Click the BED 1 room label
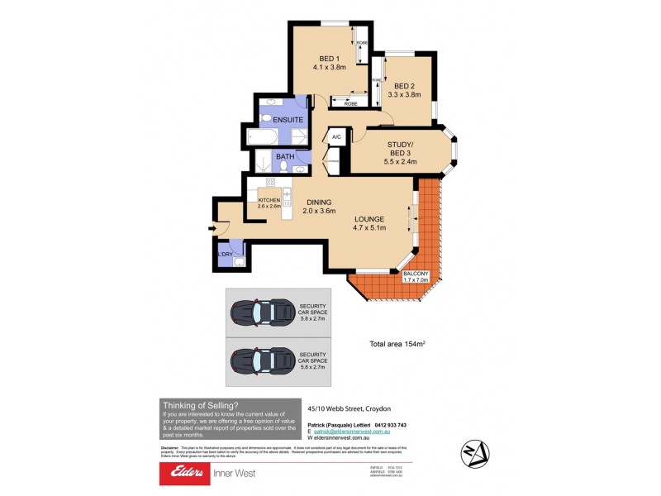pyautogui.click(x=328, y=59)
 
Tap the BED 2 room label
pyautogui.click(x=404, y=86)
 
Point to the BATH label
pyautogui.click(x=285, y=156)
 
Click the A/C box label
pyautogui.click(x=336, y=138)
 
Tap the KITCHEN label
pyautogui.click(x=269, y=201)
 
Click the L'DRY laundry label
pyautogui.click(x=225, y=255)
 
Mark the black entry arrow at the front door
pyautogui.click(x=212, y=229)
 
